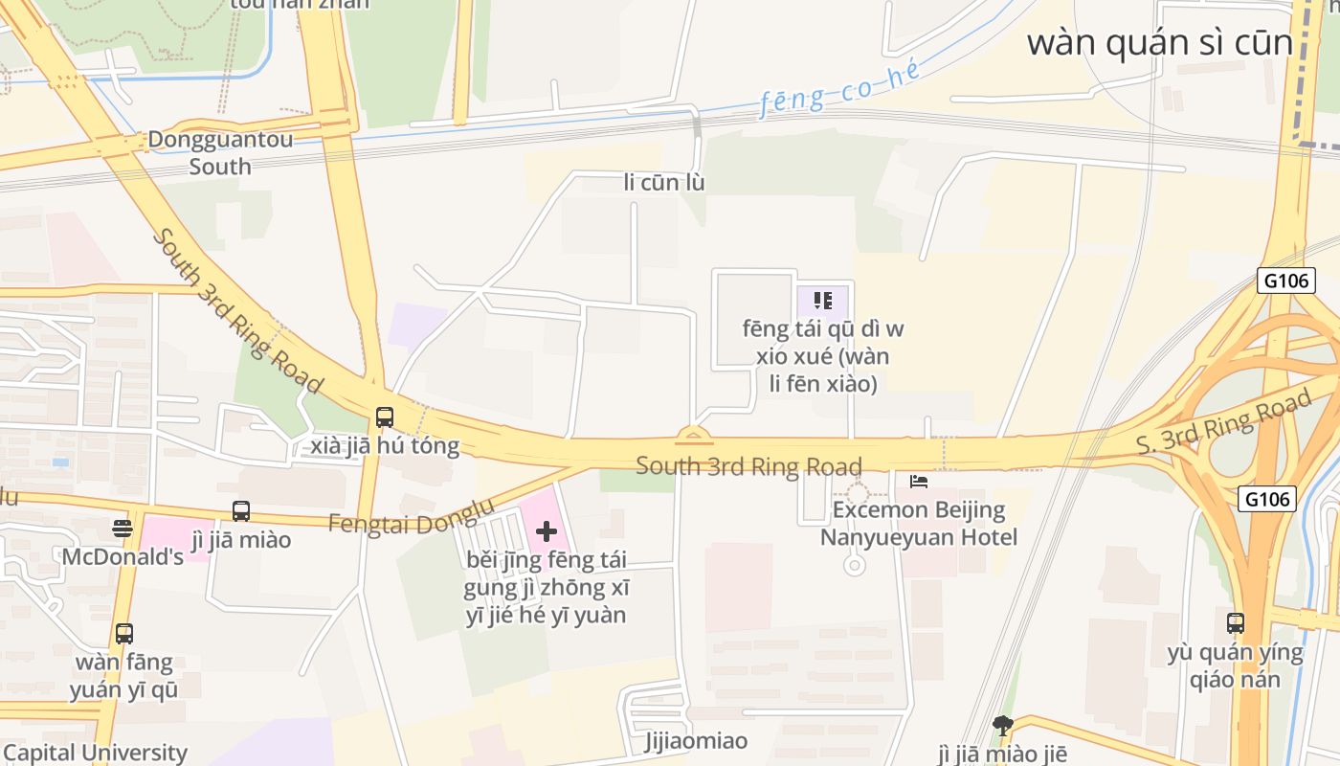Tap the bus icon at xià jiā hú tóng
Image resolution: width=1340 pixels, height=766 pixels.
click(385, 417)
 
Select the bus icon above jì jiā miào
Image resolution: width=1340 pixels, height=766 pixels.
click(241, 511)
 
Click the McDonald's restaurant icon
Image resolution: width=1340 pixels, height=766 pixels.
click(123, 528)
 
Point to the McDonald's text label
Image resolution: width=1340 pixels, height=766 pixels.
click(123, 556)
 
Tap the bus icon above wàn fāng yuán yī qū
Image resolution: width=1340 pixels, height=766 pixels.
click(124, 633)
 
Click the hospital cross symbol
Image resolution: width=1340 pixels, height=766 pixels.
click(547, 531)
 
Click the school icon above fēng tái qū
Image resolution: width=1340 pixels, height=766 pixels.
click(822, 301)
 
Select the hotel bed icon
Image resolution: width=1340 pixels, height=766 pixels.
click(919, 481)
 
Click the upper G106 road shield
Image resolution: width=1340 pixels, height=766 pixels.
click(1284, 281)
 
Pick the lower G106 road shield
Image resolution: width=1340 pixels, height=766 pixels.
click(1267, 498)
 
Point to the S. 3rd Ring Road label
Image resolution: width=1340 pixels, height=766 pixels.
click(1223, 427)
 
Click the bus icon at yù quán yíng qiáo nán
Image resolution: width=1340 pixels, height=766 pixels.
click(1236, 623)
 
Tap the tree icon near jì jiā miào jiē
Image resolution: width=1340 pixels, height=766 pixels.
click(1002, 725)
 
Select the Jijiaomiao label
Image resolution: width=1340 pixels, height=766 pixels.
click(697, 741)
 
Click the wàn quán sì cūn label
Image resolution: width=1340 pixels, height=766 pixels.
click(1160, 43)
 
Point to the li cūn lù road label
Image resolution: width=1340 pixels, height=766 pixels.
click(664, 182)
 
